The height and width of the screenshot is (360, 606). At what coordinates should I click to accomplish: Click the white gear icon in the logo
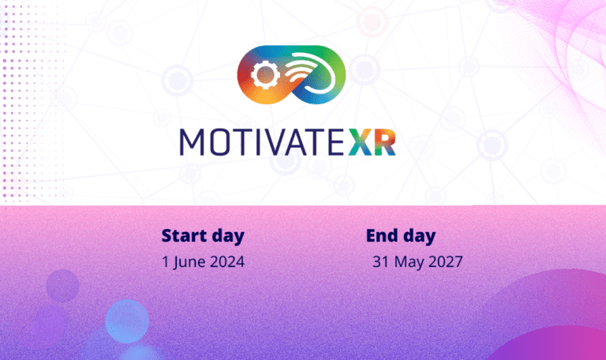pos(264,75)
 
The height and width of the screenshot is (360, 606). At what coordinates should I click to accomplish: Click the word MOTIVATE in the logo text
pos(262,142)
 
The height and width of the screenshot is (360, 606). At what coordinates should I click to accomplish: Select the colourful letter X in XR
pos(361,142)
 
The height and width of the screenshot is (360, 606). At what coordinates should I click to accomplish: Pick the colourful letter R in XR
pos(385,142)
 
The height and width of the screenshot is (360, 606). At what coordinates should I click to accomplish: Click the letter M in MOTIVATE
pos(192,142)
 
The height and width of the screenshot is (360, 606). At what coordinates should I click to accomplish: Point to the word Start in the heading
pos(184,235)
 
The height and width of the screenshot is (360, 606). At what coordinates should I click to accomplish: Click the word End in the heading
pos(381,235)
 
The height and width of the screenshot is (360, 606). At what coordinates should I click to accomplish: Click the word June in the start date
pos(189,263)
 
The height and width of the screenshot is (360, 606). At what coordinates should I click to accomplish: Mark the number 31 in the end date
pos(380,262)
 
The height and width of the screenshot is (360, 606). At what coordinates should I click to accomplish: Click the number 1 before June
pos(166,262)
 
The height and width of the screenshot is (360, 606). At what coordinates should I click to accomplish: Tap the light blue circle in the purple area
pos(127,321)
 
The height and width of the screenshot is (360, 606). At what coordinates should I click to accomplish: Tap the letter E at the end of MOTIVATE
pos(335,142)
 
